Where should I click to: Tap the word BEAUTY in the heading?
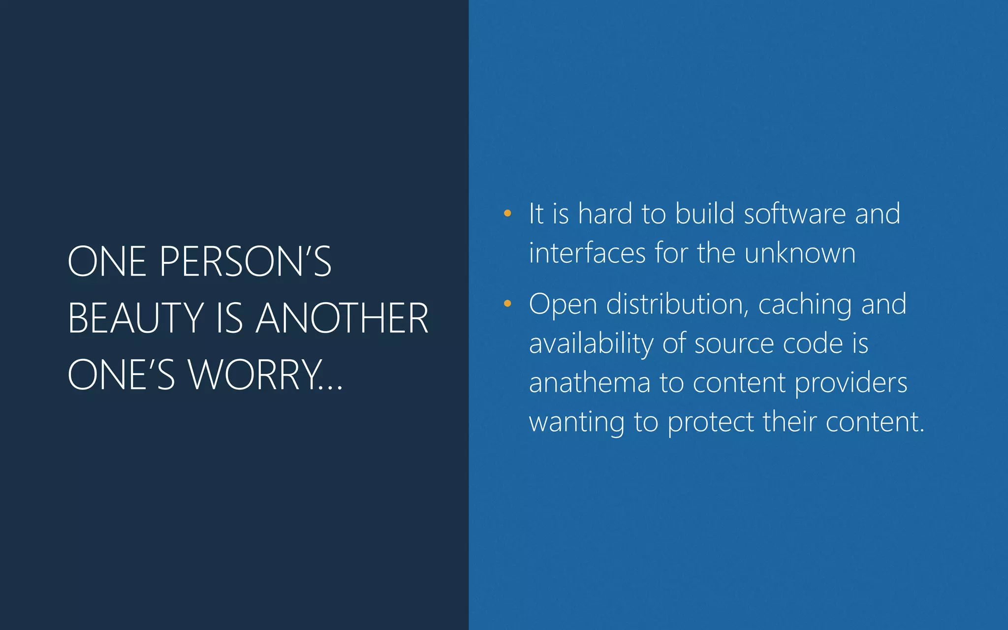point(135,318)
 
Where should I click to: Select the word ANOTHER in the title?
point(342,318)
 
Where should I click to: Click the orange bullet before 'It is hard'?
point(507,214)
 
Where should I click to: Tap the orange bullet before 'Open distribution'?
point(507,304)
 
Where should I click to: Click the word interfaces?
point(587,253)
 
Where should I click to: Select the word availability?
point(591,344)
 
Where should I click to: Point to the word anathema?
point(589,383)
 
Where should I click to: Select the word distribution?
point(678,304)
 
